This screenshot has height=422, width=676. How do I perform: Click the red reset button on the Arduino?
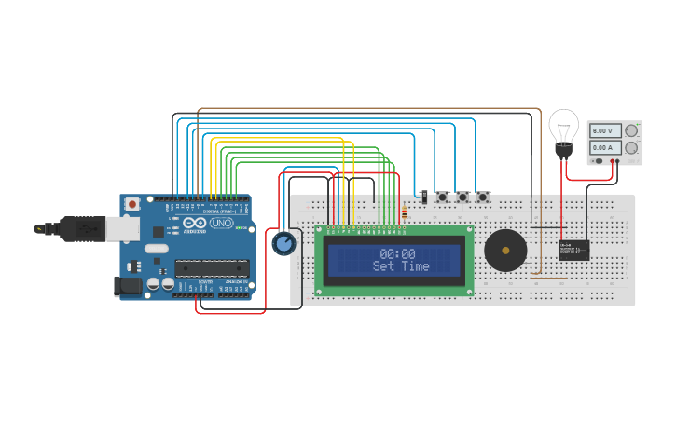click(x=132, y=203)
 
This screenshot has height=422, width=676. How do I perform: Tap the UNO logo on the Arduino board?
click(x=222, y=224)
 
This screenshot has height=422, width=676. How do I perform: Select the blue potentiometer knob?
click(x=283, y=244)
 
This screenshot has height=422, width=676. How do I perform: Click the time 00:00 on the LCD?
click(x=397, y=253)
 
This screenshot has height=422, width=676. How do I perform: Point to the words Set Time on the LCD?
click(x=401, y=266)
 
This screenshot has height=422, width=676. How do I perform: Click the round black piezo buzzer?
click(x=505, y=251)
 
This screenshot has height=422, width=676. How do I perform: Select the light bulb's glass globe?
click(x=563, y=124)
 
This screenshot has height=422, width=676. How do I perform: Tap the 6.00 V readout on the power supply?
click(x=605, y=131)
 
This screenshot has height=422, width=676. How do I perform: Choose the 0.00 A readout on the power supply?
click(x=605, y=147)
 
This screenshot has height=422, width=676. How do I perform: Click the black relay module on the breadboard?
click(x=573, y=250)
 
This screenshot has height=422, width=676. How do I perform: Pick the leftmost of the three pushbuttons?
click(x=442, y=197)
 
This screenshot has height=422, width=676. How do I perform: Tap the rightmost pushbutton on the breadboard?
click(x=483, y=197)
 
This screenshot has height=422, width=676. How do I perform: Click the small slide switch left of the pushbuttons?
click(x=424, y=197)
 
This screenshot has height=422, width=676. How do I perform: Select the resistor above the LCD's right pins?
click(x=403, y=215)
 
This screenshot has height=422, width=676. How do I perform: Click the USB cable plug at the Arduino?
click(x=89, y=227)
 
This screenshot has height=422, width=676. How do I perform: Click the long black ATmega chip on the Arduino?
click(x=213, y=268)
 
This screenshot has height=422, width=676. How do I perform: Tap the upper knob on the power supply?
click(x=631, y=131)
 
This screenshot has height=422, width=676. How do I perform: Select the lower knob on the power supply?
click(x=631, y=147)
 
